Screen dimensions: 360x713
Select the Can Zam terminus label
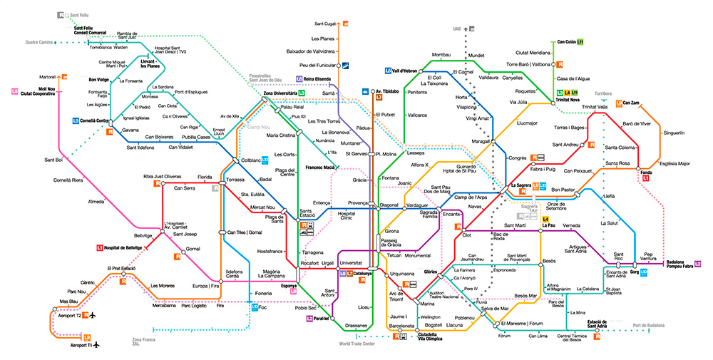[x=631, y=103]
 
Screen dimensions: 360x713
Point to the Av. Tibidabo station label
[x=385, y=92]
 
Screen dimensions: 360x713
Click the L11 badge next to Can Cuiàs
[x=580, y=43]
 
